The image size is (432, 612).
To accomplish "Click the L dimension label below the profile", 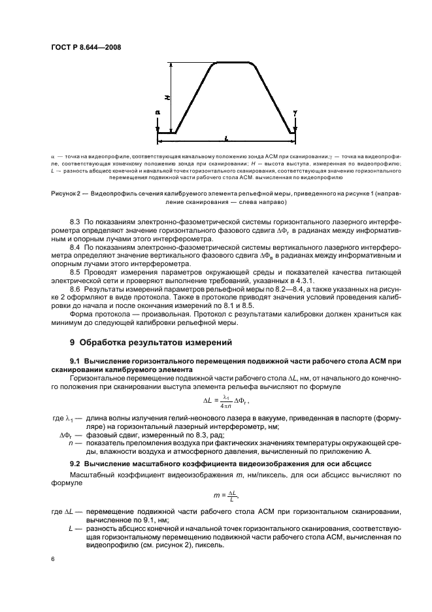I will (x=225, y=139).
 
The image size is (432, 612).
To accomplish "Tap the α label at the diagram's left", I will (x=158, y=112).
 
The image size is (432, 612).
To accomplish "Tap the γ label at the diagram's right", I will (x=295, y=112).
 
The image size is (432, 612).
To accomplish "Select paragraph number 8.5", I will (x=76, y=274).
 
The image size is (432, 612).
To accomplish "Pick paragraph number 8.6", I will (x=76, y=290).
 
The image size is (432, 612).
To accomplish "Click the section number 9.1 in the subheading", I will (x=76, y=362).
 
